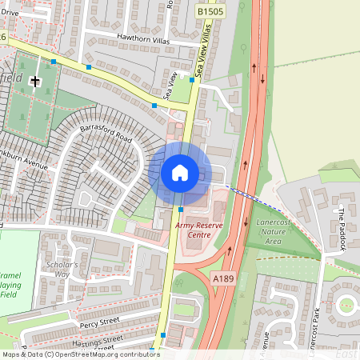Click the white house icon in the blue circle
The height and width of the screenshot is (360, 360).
pos(180,172)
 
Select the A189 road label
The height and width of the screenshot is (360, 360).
pos(223,277)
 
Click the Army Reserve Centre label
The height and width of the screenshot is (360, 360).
pos(201,231)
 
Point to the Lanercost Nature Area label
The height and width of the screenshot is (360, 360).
pos(279,233)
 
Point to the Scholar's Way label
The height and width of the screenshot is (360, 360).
pos(62,269)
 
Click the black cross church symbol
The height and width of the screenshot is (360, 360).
pos(34,81)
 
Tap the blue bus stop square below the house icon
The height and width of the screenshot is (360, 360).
pos(181,209)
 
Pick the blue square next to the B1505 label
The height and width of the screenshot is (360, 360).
pos(194,79)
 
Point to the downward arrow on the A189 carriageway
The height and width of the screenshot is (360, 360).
pos(263,78)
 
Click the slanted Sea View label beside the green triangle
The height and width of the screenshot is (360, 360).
pos(171,86)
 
